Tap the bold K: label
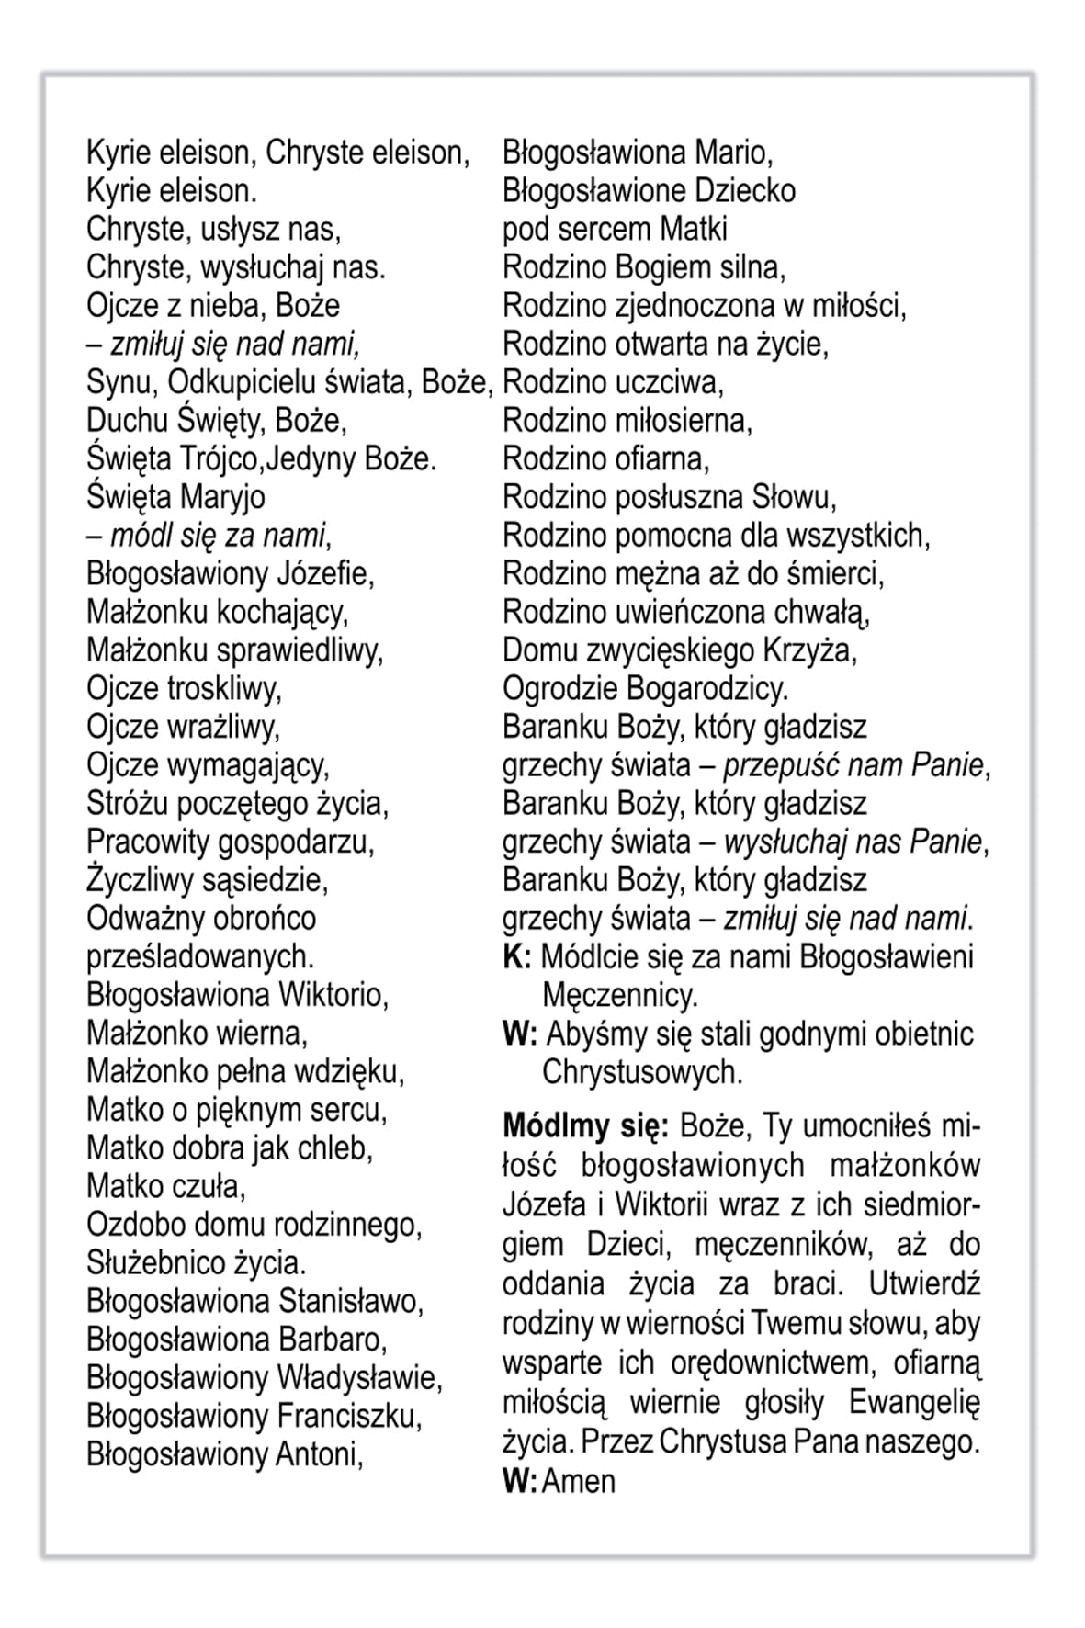pyautogui.click(x=516, y=957)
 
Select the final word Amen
pyautogui.click(x=579, y=1482)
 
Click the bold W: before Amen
pyautogui.click(x=519, y=1482)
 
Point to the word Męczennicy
pyautogui.click(x=620, y=996)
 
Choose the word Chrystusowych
pyautogui.click(x=642, y=1072)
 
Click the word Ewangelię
pyautogui.click(x=914, y=1403)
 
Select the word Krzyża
pyautogui.click(x=809, y=650)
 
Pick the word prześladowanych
pyautogui.click(x=200, y=957)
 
